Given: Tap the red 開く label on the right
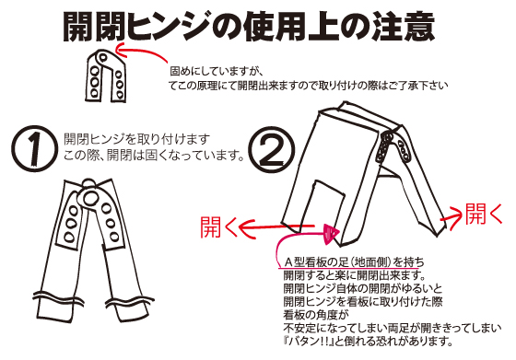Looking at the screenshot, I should [486, 215].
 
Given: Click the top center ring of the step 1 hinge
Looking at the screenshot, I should [91, 197].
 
